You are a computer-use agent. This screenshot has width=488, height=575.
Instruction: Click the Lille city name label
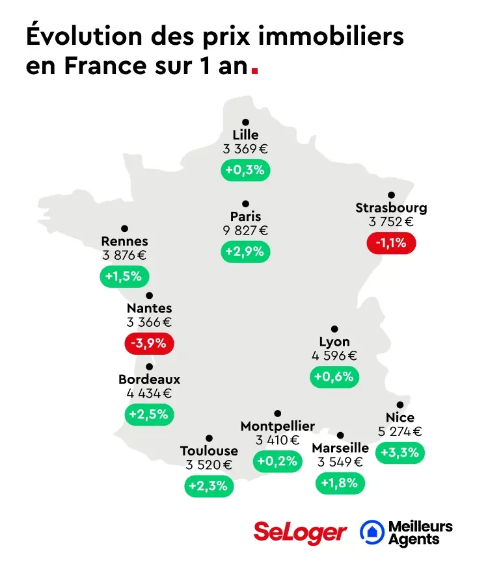click(245, 135)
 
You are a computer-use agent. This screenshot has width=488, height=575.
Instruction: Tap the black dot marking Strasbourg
click(391, 195)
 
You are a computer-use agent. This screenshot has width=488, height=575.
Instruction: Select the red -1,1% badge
click(391, 243)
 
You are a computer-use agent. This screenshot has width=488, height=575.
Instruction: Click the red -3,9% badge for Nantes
click(150, 343)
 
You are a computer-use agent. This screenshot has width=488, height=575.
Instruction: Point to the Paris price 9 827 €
click(245, 230)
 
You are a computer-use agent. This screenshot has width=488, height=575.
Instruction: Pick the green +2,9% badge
click(245, 251)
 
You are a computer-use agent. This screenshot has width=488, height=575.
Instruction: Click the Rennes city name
click(124, 242)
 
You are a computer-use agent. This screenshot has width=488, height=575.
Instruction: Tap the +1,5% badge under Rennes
click(124, 276)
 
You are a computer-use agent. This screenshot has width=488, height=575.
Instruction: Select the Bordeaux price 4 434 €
click(149, 393)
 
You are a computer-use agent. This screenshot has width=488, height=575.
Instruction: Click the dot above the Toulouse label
click(209, 438)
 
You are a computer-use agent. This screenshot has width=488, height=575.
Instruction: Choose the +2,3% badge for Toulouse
click(209, 486)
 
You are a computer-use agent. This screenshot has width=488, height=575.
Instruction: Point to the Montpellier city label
click(278, 426)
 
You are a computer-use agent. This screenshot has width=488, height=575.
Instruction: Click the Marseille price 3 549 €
click(340, 462)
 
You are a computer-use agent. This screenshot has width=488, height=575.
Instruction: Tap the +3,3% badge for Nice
click(400, 452)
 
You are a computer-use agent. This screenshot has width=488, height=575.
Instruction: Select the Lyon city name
click(334, 342)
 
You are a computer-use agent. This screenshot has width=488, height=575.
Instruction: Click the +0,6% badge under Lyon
click(334, 377)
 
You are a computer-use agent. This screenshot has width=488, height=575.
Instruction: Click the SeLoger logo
click(300, 532)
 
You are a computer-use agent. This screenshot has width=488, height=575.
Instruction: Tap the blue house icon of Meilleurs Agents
click(372, 532)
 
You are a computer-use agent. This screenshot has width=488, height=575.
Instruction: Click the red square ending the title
click(254, 71)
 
